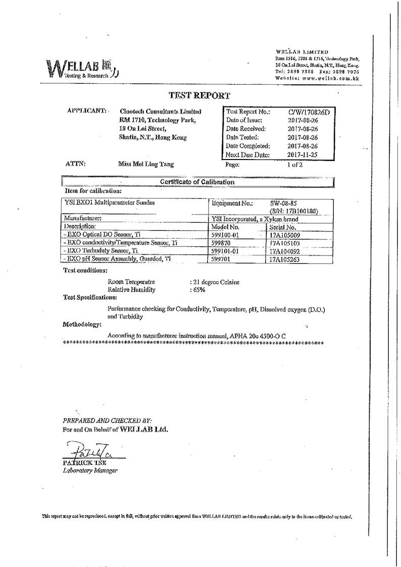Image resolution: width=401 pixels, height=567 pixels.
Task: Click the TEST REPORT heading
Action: pyautogui.click(x=199, y=95)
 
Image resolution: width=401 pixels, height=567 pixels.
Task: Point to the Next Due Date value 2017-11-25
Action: pyautogui.click(x=302, y=155)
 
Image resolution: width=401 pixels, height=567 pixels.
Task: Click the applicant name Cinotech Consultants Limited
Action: pyautogui.click(x=161, y=111)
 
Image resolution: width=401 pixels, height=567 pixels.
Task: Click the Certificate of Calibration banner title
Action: pyautogui.click(x=197, y=182)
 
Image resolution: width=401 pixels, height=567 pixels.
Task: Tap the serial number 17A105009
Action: pyautogui.click(x=285, y=235)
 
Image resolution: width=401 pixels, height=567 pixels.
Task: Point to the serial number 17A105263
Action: pyautogui.click(x=285, y=259)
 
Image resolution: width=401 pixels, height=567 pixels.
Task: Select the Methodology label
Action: pyautogui.click(x=82, y=324)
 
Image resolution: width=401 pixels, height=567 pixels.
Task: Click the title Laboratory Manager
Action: pyautogui.click(x=90, y=470)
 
